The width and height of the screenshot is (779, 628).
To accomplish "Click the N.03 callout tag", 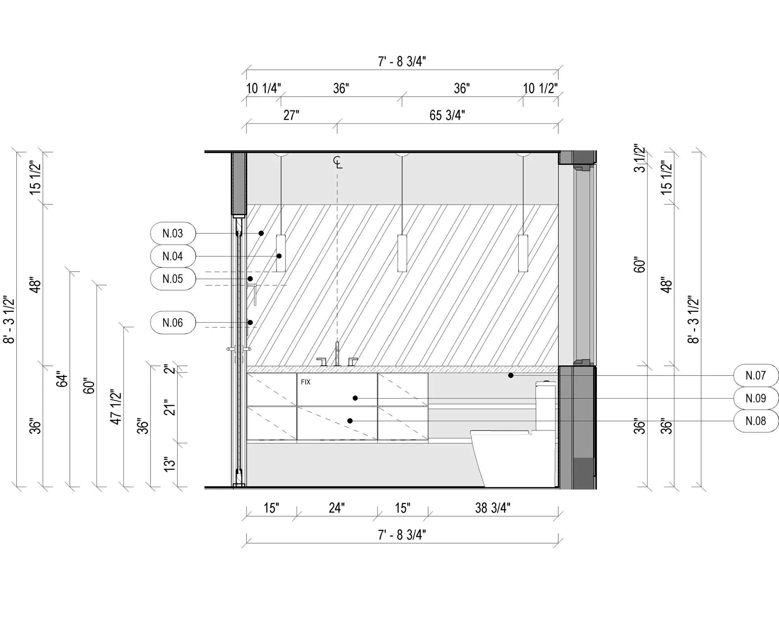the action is point(173,233).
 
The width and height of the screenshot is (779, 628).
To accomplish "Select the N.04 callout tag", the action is point(173,256).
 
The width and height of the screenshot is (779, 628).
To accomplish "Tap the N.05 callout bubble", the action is point(173,279).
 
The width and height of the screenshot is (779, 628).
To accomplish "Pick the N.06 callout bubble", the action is point(173,323).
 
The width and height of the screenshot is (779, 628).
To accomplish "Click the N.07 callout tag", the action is point(756,376).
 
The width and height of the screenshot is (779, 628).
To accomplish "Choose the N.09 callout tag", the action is point(756,398).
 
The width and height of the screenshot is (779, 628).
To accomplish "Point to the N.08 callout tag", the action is point(756,421).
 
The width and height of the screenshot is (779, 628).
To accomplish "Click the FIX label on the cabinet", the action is point(306,382).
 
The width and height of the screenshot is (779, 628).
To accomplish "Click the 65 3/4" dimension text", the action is point(447,115).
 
